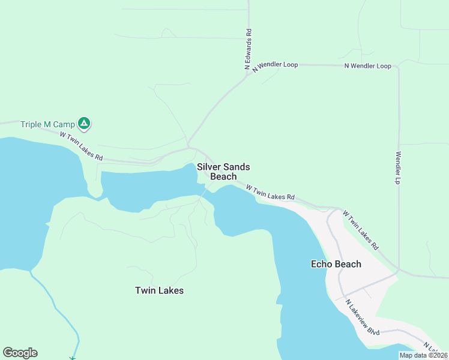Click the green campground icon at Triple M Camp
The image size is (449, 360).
pyautogui.click(x=85, y=124)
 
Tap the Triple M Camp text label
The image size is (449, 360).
pyautogui.click(x=48, y=124)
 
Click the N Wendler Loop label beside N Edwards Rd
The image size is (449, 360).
pyautogui.click(x=274, y=65)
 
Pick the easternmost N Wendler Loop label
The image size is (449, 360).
pyautogui.click(x=368, y=65)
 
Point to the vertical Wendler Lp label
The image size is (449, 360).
pyautogui.click(x=397, y=167)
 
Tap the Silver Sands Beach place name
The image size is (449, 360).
pyautogui.click(x=223, y=172)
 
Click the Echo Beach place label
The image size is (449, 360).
pyautogui.click(x=336, y=264)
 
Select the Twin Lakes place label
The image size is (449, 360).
pyautogui.click(x=159, y=290)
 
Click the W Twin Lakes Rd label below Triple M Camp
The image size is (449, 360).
pyautogui.click(x=82, y=146)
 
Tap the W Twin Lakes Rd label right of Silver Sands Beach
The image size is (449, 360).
pyautogui.click(x=271, y=192)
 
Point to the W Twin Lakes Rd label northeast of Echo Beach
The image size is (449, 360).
pyautogui.click(x=361, y=229)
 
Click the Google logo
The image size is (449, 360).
pyautogui.click(x=20, y=353)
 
